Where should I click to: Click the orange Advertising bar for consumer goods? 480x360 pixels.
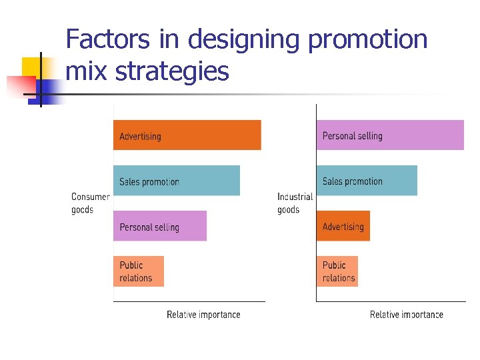187,135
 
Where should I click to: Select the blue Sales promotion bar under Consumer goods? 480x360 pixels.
176,181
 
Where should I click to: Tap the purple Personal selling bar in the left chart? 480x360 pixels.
160,226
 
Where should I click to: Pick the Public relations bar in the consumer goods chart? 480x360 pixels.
138,271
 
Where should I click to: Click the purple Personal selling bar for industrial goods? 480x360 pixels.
390,135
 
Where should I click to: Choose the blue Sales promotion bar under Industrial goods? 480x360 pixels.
367,181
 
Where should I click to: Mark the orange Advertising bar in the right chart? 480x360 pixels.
343,226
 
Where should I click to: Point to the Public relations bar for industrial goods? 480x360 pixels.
337,271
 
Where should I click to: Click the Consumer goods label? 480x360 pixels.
90,203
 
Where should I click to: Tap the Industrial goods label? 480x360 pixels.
295,203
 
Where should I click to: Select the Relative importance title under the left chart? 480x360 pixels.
203,315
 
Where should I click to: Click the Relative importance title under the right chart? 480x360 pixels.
406,315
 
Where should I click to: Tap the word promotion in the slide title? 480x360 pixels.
367,40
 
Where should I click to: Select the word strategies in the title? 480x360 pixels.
172,71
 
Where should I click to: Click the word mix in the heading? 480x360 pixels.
87,71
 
